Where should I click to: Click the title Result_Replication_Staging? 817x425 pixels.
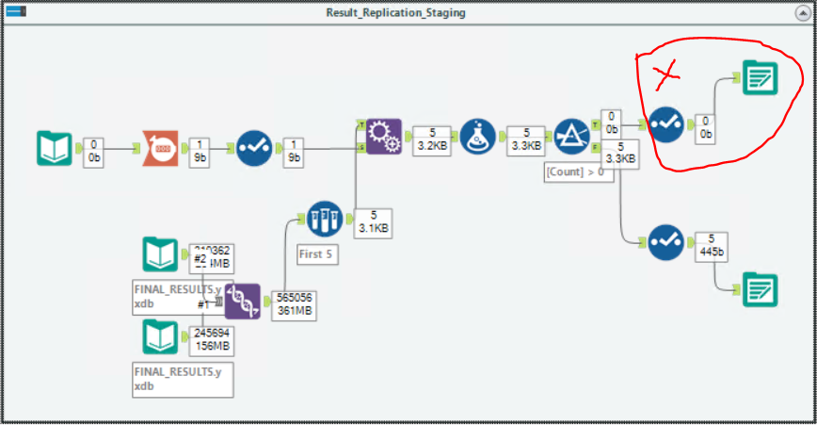point(395,12)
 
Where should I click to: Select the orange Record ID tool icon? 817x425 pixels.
point(159,148)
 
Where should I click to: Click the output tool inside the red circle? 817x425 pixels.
point(760,77)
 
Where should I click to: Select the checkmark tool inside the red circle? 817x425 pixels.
point(666,123)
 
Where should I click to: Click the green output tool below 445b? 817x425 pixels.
point(760,288)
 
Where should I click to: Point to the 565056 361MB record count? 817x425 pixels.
point(295,305)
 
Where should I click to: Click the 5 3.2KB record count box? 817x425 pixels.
point(432,139)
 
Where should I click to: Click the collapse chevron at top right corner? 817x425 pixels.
point(801,12)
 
